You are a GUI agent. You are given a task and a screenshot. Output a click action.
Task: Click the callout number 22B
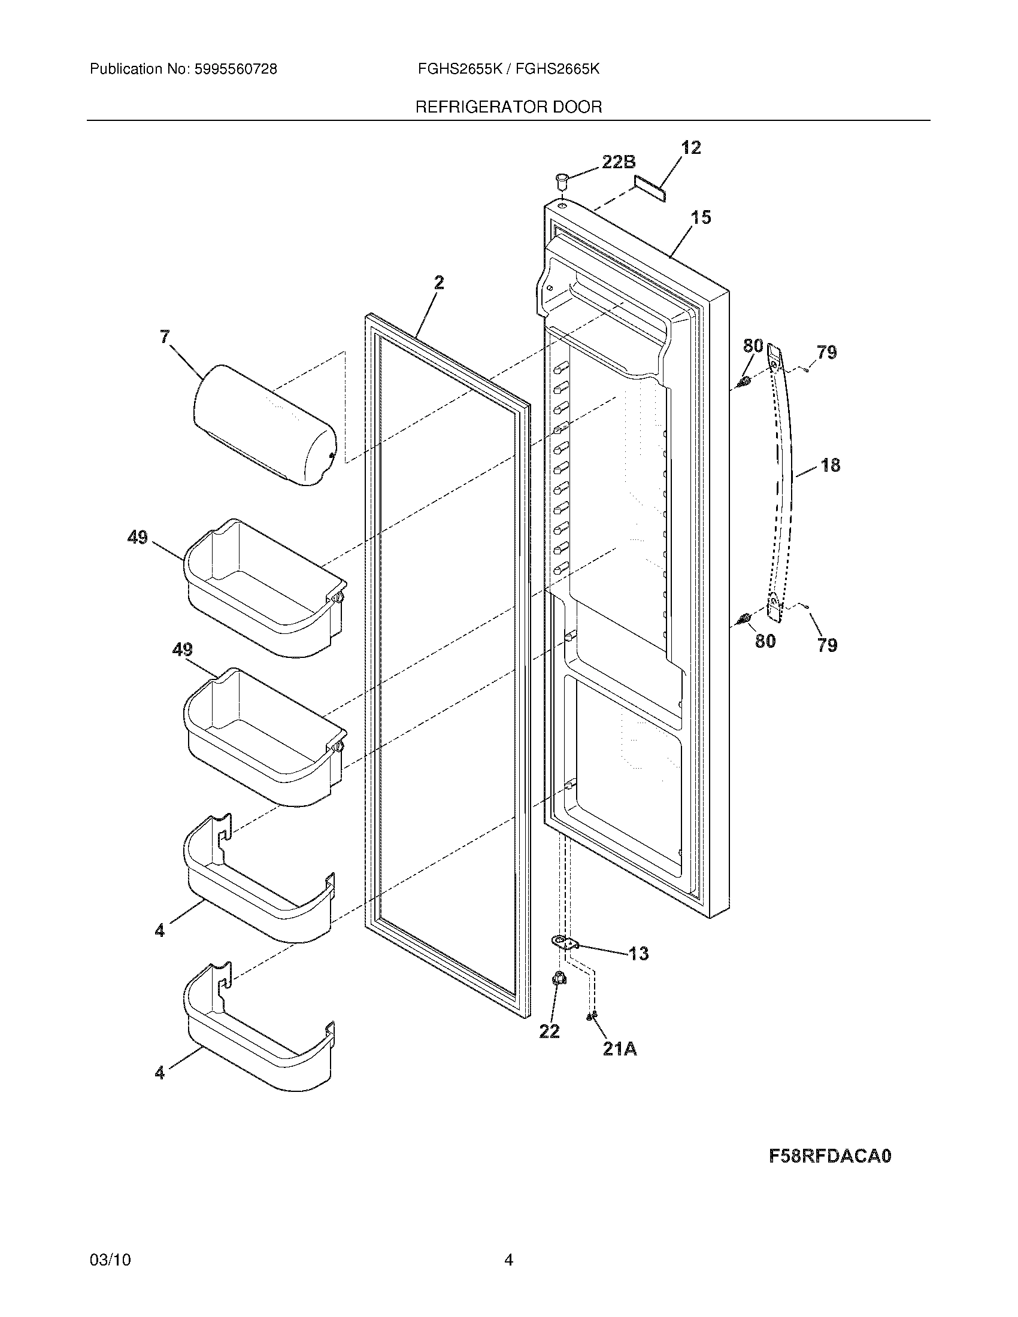click(x=618, y=162)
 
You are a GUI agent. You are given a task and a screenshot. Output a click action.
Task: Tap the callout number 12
click(x=691, y=148)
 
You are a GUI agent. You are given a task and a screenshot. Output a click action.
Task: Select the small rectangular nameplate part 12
click(x=649, y=188)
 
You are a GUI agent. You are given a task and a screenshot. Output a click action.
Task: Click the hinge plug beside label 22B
click(x=562, y=179)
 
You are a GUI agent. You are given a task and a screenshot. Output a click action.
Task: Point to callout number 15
click(x=701, y=217)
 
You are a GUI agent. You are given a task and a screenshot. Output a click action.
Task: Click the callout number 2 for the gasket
click(x=438, y=282)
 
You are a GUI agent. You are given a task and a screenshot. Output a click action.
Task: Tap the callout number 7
click(x=165, y=337)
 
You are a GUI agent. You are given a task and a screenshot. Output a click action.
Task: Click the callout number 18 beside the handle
click(x=830, y=465)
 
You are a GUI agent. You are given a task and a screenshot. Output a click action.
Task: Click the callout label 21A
click(x=619, y=1049)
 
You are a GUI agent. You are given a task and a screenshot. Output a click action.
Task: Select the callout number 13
click(x=638, y=954)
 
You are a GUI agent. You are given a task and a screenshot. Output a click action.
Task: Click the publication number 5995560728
click(x=235, y=69)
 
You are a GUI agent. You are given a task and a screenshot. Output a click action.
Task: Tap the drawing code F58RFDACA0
click(x=830, y=1156)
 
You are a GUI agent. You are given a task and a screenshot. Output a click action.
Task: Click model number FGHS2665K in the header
click(x=558, y=69)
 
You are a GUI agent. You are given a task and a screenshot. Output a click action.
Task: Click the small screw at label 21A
click(x=592, y=1016)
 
